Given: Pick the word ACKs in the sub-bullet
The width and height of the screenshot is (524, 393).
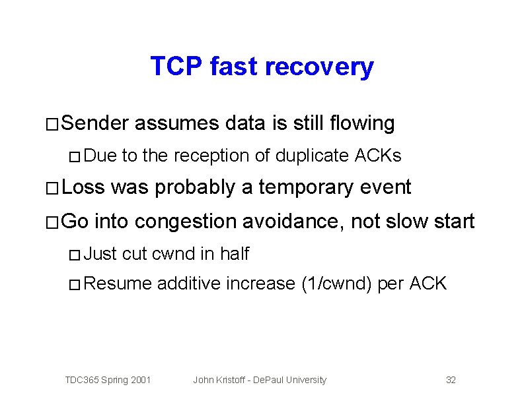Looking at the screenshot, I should pyautogui.click(x=378, y=156).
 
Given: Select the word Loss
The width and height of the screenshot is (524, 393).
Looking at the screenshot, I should pyautogui.click(x=84, y=188).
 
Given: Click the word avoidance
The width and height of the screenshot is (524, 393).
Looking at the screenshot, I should pyautogui.click(x=292, y=221).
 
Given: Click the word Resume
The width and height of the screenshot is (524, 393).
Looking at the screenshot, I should pyautogui.click(x=119, y=284).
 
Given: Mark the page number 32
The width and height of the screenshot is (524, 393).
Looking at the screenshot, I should pyautogui.click(x=451, y=380).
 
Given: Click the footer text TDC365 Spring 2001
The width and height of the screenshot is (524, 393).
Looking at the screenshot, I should pyautogui.click(x=108, y=380).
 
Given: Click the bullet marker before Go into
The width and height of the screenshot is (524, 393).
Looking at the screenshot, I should pyautogui.click(x=52, y=222).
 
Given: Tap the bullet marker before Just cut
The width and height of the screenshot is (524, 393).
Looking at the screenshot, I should pyautogui.click(x=75, y=254).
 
